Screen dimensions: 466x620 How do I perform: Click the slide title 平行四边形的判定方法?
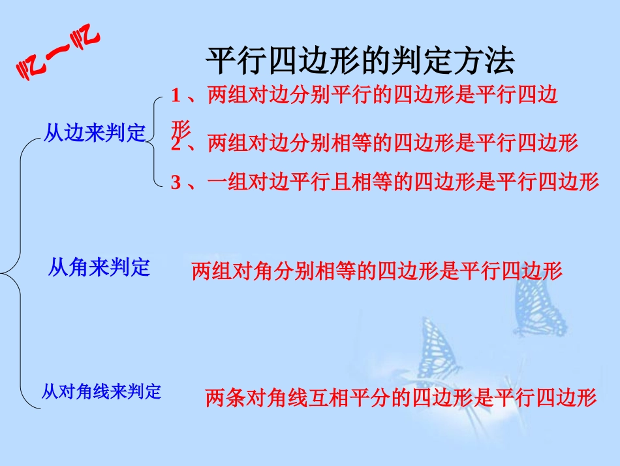pos(360,61)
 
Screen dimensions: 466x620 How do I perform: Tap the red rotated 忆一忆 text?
pos(57,56)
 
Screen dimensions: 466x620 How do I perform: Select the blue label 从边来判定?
pos(95,133)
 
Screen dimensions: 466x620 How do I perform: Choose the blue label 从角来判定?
pos(99,267)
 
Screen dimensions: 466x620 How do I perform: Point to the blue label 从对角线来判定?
pos(101,391)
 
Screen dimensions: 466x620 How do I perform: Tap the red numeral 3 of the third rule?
pos(176,182)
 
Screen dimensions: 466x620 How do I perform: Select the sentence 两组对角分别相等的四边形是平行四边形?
pos(377,271)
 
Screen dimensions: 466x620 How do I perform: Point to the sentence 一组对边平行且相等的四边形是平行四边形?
pos(403,182)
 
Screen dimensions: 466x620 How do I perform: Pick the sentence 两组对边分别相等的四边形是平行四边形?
pos(393,142)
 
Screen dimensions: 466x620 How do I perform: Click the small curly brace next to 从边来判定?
pos(157,140)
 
